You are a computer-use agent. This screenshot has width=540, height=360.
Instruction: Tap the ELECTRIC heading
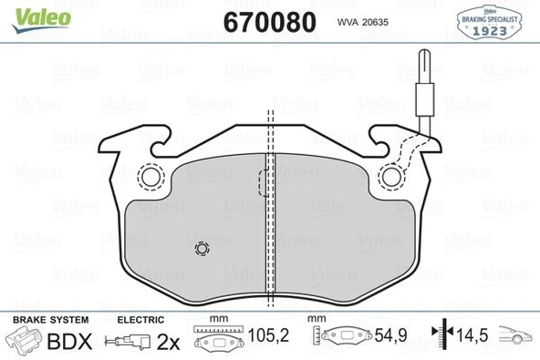(140, 320)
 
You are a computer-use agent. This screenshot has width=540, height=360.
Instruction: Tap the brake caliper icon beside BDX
(25, 343)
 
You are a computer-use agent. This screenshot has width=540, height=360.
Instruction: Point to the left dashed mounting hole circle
(147, 176)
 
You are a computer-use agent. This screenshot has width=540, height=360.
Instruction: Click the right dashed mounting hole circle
(393, 176)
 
